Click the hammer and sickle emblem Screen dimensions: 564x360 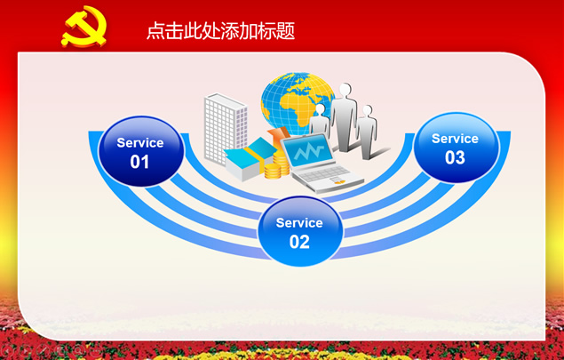(84, 27)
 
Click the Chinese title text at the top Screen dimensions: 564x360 (221, 30)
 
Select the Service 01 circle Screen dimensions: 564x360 (140, 151)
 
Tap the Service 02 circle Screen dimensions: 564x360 (299, 231)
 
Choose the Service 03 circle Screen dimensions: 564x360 (457, 148)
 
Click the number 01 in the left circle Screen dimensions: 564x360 (139, 162)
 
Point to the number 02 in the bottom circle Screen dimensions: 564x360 (299, 242)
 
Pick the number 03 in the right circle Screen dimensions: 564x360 (455, 157)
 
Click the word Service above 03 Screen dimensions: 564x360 (455, 139)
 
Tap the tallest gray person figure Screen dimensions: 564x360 (344, 117)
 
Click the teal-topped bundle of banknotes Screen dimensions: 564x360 (248, 158)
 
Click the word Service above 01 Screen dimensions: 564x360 (140, 143)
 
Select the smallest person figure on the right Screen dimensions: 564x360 (367, 132)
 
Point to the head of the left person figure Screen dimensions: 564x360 (320, 108)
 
